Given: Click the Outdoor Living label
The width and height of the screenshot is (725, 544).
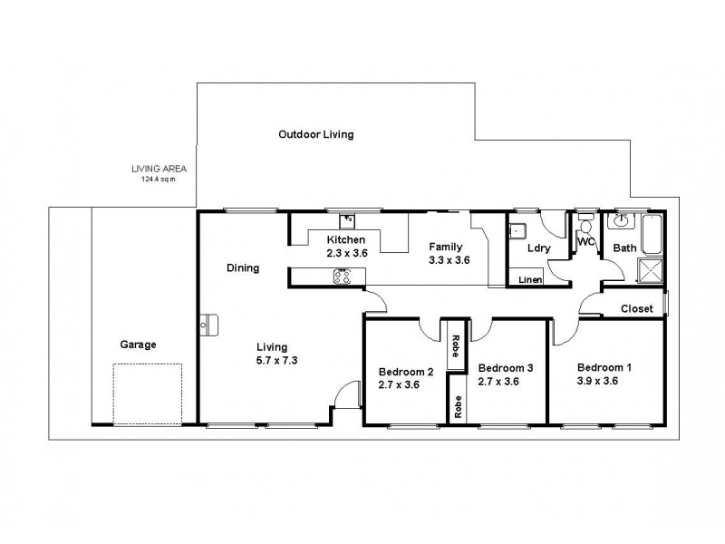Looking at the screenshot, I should point(315,134).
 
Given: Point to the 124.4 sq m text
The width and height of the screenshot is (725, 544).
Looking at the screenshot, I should point(152,179).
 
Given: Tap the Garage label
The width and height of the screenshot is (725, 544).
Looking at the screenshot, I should point(138,345).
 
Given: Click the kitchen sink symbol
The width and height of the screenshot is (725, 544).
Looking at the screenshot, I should point(347,219).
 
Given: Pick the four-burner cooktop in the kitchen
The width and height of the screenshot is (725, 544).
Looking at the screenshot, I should point(344,278).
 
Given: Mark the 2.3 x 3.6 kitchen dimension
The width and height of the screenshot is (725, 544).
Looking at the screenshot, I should point(347,253).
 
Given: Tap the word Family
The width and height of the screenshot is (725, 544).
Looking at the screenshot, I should point(446,246).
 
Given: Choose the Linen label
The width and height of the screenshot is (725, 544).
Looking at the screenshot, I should point(530,280).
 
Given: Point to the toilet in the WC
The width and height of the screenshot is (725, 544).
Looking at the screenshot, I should point(585,227).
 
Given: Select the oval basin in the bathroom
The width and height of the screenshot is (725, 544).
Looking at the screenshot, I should point(623,220).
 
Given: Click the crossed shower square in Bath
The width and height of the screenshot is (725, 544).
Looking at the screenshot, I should point(651,269).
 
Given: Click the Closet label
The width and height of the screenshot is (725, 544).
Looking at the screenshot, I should point(636,309).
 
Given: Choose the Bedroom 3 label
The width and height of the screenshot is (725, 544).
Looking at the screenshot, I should point(505,367).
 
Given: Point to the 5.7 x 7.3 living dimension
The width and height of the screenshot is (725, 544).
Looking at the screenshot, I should point(272,360).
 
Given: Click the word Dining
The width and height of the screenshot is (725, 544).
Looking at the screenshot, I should point(244,268).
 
